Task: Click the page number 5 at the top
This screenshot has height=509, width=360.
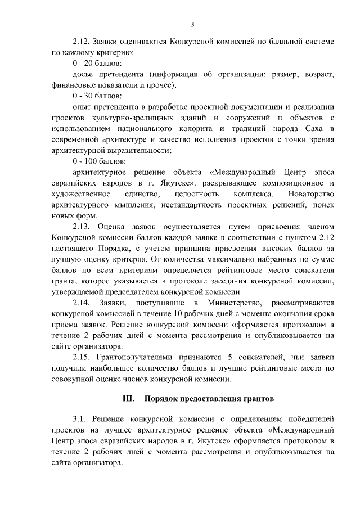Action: click(x=193, y=25)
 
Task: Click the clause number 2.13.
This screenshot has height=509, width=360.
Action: click(x=82, y=227)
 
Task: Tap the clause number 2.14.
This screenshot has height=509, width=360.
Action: click(x=82, y=303)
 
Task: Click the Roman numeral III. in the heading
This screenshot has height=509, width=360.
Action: click(x=128, y=399)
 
